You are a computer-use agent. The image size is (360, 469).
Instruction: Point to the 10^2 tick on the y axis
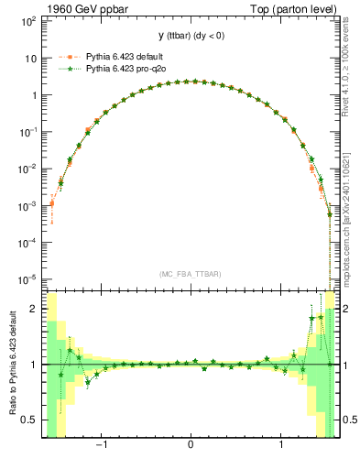[x=28, y=20]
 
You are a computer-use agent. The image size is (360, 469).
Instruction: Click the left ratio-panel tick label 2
[x=34, y=309]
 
